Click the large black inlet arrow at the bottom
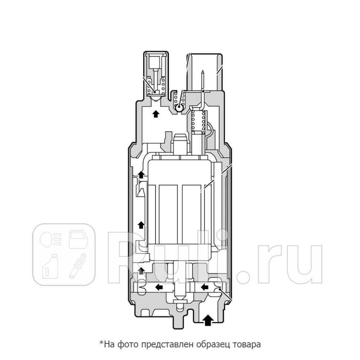[209, 320]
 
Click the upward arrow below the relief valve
[156, 114]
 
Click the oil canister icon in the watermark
[50, 266]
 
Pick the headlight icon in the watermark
[50, 239]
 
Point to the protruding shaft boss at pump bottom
[180, 321]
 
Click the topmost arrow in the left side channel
[141, 174]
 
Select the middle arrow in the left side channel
[141, 225]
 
